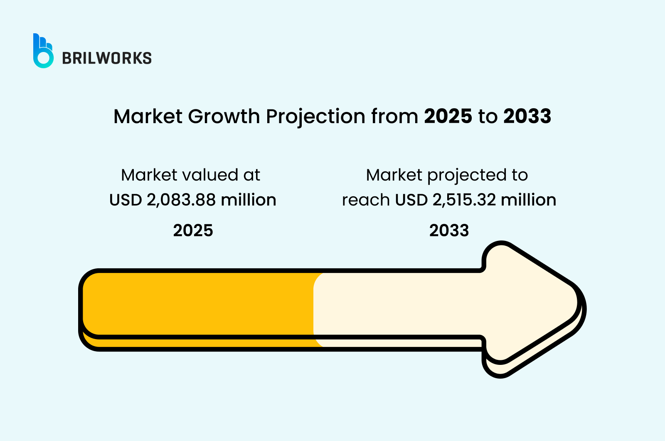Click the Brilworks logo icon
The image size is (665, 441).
pyautogui.click(x=43, y=51)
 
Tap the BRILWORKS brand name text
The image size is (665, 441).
pyautogui.click(x=107, y=58)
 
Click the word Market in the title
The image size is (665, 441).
pyautogui.click(x=148, y=116)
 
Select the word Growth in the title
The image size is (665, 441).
pyautogui.click(x=224, y=116)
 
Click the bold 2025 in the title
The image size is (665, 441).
pyautogui.click(x=448, y=116)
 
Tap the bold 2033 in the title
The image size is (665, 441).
pyautogui.click(x=527, y=116)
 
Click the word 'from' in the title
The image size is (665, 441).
pyautogui.click(x=394, y=116)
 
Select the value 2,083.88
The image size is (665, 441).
pyautogui.click(x=181, y=200)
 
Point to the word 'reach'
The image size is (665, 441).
pyautogui.click(x=366, y=200)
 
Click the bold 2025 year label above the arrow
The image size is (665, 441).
pyautogui.click(x=193, y=230)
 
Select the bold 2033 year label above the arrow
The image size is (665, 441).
pyautogui.click(x=449, y=230)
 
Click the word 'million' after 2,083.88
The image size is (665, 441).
pyautogui.click(x=249, y=200)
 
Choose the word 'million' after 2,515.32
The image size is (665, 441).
pyautogui.click(x=528, y=200)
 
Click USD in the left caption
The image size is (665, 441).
pyautogui.click(x=126, y=200)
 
